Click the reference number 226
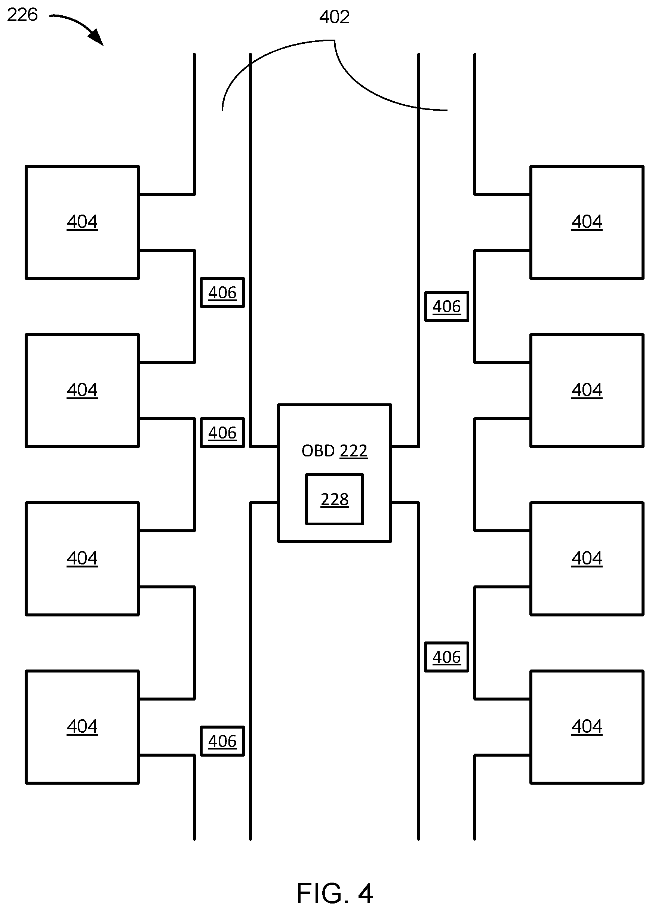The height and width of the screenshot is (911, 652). click(22, 15)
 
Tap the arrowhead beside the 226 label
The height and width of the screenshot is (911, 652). click(96, 37)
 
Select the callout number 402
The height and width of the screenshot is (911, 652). click(335, 17)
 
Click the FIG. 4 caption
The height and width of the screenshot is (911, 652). click(335, 893)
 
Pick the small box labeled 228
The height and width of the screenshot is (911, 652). click(335, 499)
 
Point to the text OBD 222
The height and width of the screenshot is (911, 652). click(335, 451)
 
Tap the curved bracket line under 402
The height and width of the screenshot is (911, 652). click(335, 40)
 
